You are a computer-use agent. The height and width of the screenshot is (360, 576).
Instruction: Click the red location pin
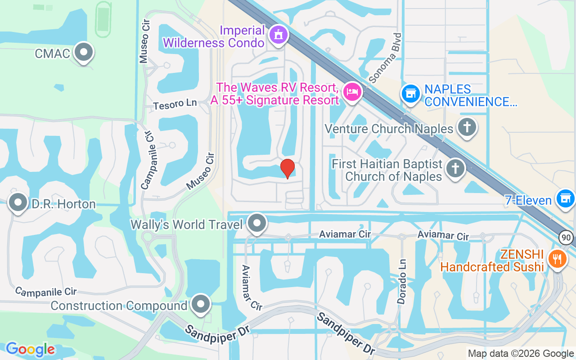coord(288,168)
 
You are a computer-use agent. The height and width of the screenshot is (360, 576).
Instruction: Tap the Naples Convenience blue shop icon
coord(410,94)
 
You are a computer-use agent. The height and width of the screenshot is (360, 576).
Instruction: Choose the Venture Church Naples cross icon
coord(467,128)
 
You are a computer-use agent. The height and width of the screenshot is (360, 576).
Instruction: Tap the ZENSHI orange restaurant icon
coord(557,259)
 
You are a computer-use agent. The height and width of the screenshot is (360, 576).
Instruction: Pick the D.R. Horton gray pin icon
coord(18,203)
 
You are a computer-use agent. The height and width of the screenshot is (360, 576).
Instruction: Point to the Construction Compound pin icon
coord(201,304)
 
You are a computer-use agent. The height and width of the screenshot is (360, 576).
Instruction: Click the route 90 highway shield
coord(567,237)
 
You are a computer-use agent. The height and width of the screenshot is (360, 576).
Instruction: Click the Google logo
coord(30,349)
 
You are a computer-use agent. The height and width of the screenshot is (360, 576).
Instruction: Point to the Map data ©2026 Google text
coord(521,354)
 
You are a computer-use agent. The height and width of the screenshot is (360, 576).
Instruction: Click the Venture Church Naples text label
coord(389,129)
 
